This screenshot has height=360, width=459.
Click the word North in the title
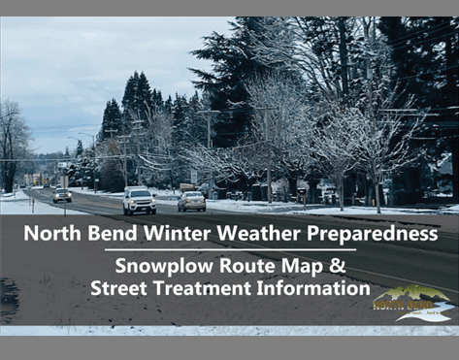pos(49,234)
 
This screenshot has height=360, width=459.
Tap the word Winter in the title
pos(176,234)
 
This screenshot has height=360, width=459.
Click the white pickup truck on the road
pos(140,201)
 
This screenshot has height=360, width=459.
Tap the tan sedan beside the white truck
pos(192,201)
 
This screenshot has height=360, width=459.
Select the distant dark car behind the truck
pos(62,195)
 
